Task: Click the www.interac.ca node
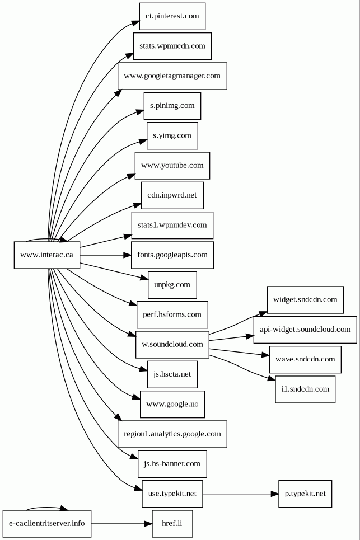[x=47, y=255]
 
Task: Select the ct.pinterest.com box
[x=172, y=16]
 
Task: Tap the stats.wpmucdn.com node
[x=172, y=46]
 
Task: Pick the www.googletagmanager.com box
[x=172, y=76]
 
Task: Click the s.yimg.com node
[x=172, y=135]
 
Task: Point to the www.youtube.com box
[x=172, y=166]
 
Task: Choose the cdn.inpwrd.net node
[x=172, y=195]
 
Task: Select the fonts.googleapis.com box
[x=172, y=255]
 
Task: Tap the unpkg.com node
[x=172, y=285]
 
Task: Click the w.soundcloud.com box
[x=172, y=345]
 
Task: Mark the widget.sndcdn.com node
[x=305, y=300]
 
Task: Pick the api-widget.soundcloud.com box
[x=305, y=330]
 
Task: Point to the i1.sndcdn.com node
[x=305, y=389]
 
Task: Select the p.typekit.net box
[x=305, y=494]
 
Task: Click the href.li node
[x=172, y=524]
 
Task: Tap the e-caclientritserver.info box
[x=47, y=524]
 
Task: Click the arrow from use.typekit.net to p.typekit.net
[x=241, y=494]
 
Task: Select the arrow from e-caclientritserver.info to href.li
[x=121, y=524]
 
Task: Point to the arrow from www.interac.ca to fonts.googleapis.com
[x=105, y=255]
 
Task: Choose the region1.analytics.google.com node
[x=172, y=434]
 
